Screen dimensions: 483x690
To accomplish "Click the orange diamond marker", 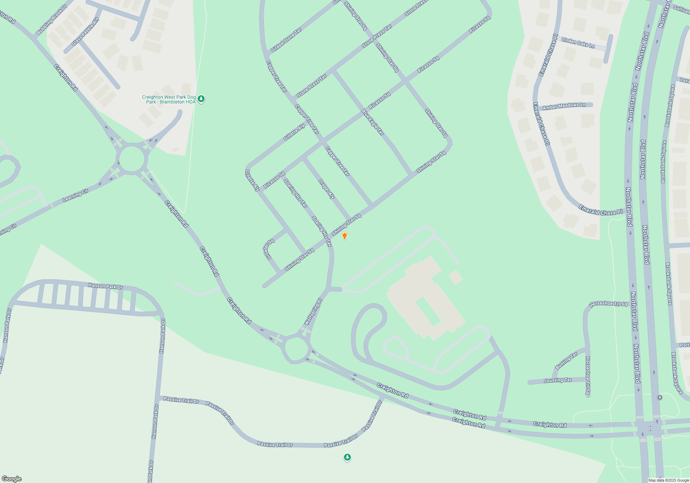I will coord(344,235).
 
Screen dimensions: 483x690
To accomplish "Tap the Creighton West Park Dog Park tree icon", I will coord(201,99).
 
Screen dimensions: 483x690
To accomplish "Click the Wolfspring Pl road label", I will coord(313,312).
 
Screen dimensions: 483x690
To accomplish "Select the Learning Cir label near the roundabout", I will coord(75,196).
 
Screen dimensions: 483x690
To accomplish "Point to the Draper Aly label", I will coord(326,189).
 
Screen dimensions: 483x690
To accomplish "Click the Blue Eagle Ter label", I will coord(373,122).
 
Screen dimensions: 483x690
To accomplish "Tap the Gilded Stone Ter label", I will coord(286,40).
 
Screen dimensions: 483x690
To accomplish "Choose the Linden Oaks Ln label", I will coord(578,43).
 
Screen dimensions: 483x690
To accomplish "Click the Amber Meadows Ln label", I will coord(564,106).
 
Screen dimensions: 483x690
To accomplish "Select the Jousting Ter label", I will coord(558,381).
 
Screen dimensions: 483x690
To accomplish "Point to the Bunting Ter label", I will coord(566,361).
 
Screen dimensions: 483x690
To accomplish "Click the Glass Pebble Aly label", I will coord(85,32).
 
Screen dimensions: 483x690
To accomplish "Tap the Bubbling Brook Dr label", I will coord(52,20).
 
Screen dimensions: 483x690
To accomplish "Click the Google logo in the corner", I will coord(12,479).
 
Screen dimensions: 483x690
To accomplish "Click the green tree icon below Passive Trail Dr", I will coord(347,457).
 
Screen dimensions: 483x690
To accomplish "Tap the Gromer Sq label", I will coord(269,249).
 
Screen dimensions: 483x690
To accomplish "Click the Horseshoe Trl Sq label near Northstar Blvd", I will coord(608,304).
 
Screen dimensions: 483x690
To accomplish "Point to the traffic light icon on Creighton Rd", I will coord(650,428).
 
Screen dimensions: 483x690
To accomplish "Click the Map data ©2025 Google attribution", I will coord(668,480).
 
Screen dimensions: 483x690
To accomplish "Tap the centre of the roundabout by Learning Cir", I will coord(131,159).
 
